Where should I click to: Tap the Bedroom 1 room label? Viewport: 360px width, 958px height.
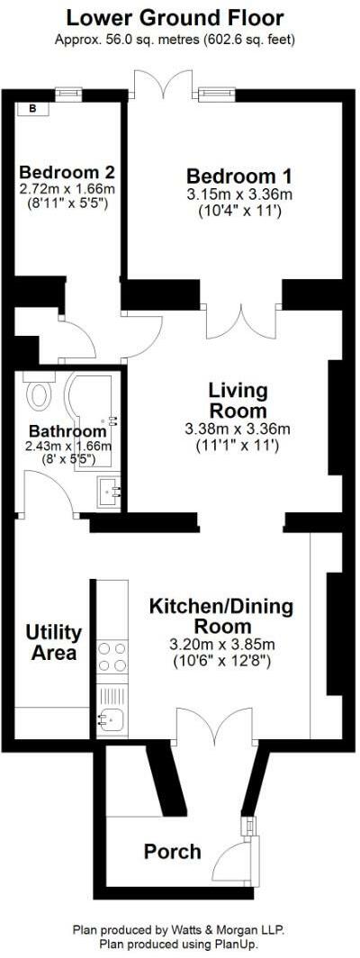(238, 175)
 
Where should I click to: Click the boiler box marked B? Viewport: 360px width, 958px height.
(33, 109)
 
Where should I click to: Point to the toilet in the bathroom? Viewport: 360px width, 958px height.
(39, 392)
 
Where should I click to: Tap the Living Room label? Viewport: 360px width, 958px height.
(238, 401)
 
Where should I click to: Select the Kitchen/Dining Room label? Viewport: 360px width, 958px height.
(220, 617)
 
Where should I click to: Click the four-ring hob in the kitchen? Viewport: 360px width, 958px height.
(112, 656)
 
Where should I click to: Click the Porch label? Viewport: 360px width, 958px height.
(172, 852)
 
